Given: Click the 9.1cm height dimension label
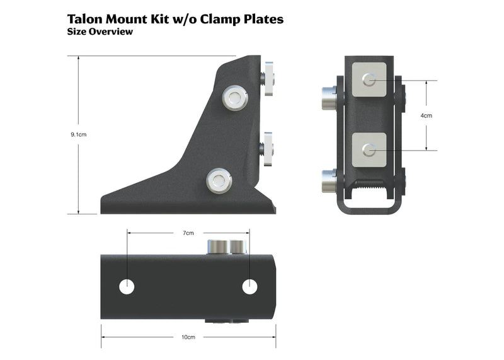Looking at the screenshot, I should (x=78, y=134).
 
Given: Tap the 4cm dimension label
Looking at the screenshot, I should (x=427, y=115).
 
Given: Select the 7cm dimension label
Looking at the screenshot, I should (x=188, y=233).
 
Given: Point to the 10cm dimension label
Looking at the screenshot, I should (x=188, y=337).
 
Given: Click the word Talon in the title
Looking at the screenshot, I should (x=88, y=19).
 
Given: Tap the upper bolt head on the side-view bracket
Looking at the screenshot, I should (x=234, y=97).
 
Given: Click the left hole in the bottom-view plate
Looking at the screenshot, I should (x=127, y=286).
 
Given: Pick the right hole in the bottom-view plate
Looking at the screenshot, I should (x=250, y=286).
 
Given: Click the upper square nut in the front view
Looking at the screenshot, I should (x=370, y=80).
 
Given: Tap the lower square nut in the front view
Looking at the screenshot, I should (x=370, y=150).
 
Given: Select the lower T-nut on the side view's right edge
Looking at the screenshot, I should (x=268, y=149).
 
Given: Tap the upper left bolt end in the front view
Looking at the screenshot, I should (x=329, y=98).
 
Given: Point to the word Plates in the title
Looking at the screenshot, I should (x=261, y=19).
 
